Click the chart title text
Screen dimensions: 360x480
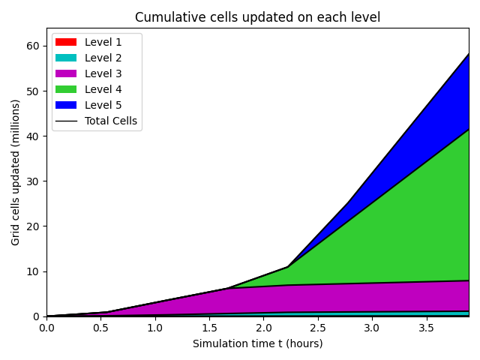(257, 17)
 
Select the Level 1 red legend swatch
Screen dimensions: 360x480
(65, 42)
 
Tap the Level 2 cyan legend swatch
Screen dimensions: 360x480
(65, 58)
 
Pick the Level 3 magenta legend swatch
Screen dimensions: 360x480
(65, 73)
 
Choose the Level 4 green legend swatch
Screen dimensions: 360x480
(65, 89)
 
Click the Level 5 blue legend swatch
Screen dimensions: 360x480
(65, 105)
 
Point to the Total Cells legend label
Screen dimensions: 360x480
(110, 121)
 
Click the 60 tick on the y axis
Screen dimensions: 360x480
(33, 46)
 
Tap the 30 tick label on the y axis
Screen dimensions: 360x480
(33, 181)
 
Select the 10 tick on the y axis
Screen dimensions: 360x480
(33, 271)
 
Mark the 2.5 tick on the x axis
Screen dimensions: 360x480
(317, 328)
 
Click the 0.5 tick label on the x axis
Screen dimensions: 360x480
(100, 328)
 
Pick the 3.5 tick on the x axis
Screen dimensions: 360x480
(426, 328)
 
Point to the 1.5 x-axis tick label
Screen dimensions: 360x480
(209, 328)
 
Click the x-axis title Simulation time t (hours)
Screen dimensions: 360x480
(257, 343)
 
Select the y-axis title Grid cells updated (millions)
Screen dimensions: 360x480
(16, 172)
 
